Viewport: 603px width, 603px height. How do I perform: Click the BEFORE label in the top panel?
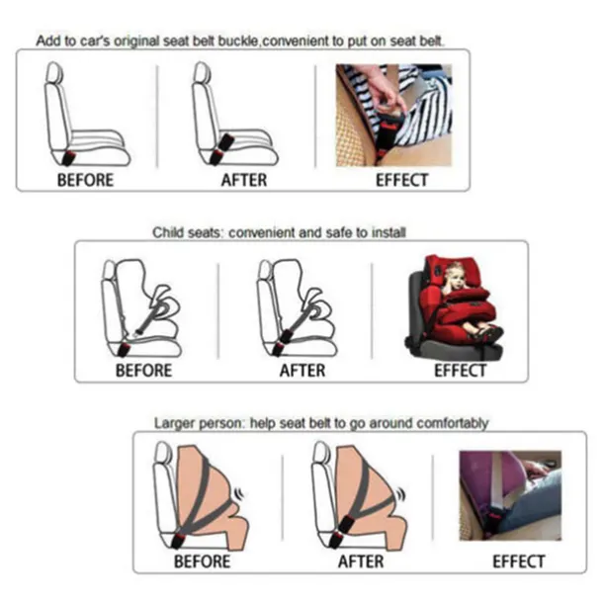coord(85,180)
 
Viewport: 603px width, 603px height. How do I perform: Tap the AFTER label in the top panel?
coord(243,180)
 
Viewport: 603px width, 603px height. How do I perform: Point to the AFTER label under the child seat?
coord(301,371)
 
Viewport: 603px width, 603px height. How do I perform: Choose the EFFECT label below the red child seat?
coord(460,371)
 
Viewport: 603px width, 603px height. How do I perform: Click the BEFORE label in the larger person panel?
coord(202,560)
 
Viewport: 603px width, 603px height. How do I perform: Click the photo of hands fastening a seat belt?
coord(393,115)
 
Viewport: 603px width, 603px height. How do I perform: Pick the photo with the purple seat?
coord(510,494)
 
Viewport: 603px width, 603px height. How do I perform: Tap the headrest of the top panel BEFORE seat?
coord(54,74)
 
